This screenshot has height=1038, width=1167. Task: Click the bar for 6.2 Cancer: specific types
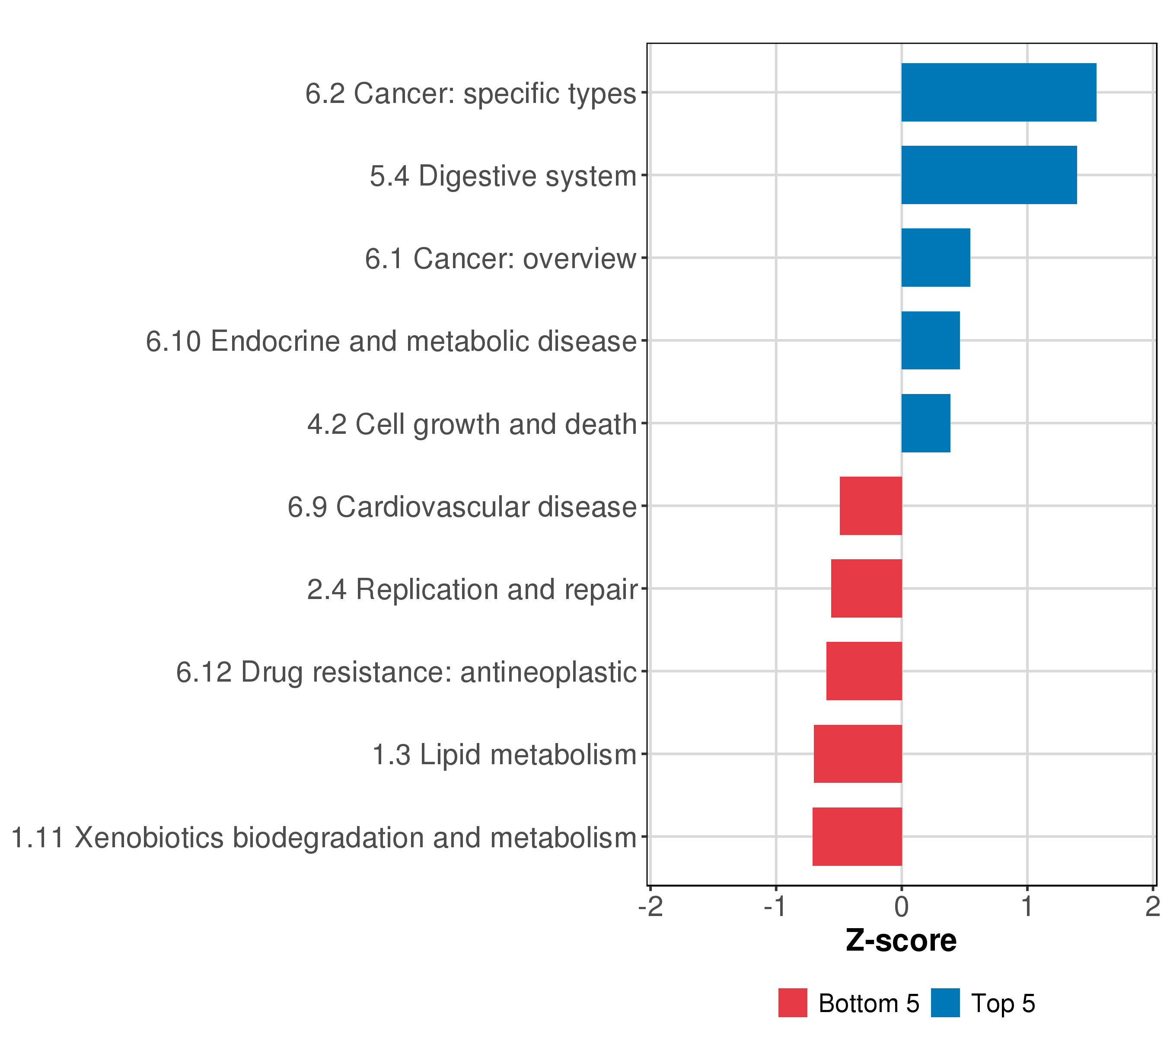pos(998,93)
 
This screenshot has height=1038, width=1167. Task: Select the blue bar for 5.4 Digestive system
pos(989,175)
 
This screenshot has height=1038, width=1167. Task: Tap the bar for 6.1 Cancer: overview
pos(936,258)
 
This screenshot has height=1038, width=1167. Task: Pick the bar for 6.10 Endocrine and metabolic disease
pos(931,340)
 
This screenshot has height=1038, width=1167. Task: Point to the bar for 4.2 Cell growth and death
pos(926,423)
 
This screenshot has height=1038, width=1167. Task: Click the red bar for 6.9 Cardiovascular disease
pos(870,506)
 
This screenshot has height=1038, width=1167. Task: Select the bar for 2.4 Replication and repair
pos(867,588)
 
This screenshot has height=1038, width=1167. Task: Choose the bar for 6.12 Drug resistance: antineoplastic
pos(864,671)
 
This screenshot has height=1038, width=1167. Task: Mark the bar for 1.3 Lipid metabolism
pos(858,754)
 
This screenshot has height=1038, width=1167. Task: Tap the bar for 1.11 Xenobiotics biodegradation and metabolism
pos(857,837)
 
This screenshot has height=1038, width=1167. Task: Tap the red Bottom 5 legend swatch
pos(792,1003)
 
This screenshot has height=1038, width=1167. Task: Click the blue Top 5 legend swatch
pos(945,1003)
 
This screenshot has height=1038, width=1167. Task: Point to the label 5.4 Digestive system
pos(503,176)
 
